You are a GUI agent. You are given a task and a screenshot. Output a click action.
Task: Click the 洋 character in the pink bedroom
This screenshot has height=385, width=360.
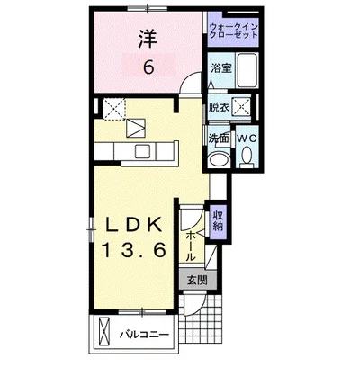(x=148, y=40)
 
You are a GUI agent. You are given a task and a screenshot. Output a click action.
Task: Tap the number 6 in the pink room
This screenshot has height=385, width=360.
(x=148, y=67)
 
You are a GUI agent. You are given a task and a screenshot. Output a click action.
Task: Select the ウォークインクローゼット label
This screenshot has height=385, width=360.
(x=234, y=31)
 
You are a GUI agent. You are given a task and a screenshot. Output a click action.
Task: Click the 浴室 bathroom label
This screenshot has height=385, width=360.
(x=221, y=68)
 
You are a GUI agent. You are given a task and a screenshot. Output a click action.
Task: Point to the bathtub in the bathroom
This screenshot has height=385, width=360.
(x=247, y=71)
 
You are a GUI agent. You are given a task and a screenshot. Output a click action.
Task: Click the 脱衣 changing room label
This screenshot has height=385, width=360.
(x=220, y=107)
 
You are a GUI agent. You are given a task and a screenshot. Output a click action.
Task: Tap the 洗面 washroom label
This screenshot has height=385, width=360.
(x=219, y=139)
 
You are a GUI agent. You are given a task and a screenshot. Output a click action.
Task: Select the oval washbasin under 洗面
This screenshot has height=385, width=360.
(x=220, y=159)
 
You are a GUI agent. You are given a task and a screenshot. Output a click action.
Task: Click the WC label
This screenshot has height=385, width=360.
(x=247, y=139)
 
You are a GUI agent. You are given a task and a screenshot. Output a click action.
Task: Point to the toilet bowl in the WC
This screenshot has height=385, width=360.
(x=247, y=155)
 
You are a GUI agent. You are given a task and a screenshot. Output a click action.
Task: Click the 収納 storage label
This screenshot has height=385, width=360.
(x=218, y=220)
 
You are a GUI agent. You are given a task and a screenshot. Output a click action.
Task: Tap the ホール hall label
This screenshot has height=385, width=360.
(x=191, y=246)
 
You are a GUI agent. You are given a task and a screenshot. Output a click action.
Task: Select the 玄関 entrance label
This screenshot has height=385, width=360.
(x=197, y=281)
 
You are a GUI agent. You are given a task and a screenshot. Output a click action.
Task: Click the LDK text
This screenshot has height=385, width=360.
(x=134, y=224)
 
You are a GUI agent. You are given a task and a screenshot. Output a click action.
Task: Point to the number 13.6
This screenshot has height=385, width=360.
(x=134, y=250)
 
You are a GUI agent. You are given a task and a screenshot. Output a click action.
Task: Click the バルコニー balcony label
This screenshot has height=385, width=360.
(x=145, y=335)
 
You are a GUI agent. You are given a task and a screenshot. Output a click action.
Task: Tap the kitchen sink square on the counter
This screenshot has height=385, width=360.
(x=143, y=151)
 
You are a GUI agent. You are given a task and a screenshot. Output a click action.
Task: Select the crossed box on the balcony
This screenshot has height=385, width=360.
(x=104, y=331)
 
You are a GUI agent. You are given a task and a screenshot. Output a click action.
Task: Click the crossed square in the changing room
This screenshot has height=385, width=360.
(x=242, y=106)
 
